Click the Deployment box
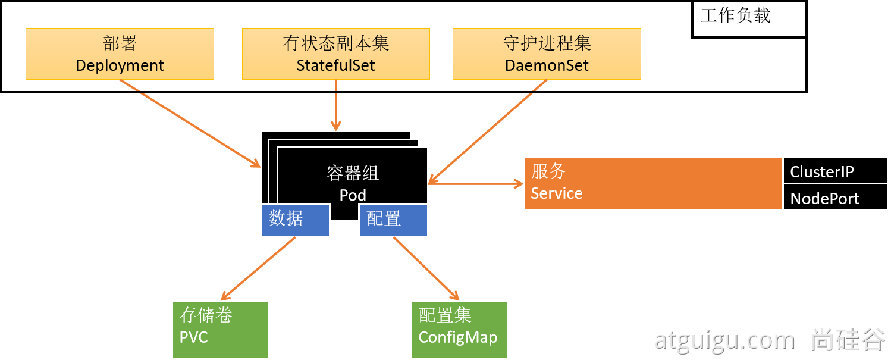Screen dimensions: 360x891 pyautogui.click(x=120, y=54)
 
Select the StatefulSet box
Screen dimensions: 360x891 pyautogui.click(x=335, y=54)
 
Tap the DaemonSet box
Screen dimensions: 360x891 pyautogui.click(x=547, y=54)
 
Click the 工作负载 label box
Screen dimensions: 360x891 pyautogui.click(x=748, y=20)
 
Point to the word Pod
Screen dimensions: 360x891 pyautogui.click(x=353, y=195)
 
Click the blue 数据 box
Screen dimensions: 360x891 pyautogui.click(x=295, y=220)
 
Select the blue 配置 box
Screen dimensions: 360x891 pyautogui.click(x=393, y=220)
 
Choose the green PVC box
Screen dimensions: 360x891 pyautogui.click(x=220, y=329)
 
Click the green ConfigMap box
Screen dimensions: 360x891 pyautogui.click(x=459, y=329)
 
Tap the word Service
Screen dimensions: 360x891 pyautogui.click(x=557, y=193)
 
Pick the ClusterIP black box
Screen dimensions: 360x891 pyautogui.click(x=835, y=171)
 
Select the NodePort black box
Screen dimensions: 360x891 pyautogui.click(x=835, y=198)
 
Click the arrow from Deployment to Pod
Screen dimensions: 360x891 pyautogui.click(x=190, y=123)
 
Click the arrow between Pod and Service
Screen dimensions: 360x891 pyautogui.click(x=476, y=184)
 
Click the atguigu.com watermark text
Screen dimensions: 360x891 pyautogui.click(x=724, y=340)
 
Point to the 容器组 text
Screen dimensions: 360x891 pyautogui.click(x=353, y=173)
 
